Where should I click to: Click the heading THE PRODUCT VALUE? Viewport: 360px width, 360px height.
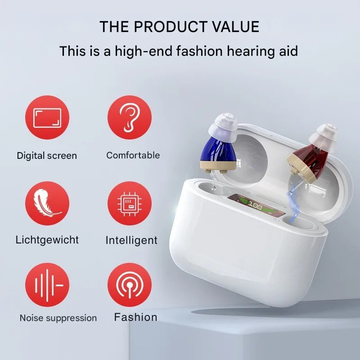pos(179,27)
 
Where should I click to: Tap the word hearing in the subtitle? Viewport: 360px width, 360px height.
pos(241,51)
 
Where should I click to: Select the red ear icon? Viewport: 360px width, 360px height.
pos(130,118)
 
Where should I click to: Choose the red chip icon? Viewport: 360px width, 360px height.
pos(130,203)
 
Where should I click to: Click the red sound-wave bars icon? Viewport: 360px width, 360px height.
pos(47,285)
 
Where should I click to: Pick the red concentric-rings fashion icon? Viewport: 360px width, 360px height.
pos(130,285)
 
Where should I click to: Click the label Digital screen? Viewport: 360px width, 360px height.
pos(47,156)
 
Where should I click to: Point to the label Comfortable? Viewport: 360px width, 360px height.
pos(133,155)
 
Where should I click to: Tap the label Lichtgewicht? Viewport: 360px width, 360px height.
pos(47,239)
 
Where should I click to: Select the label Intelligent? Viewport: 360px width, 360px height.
pos(131,240)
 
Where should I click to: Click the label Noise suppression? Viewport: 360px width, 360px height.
pos(58,318)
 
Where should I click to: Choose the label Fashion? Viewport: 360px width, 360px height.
pos(135,317)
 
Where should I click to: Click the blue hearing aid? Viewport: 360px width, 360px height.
pos(220,151)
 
